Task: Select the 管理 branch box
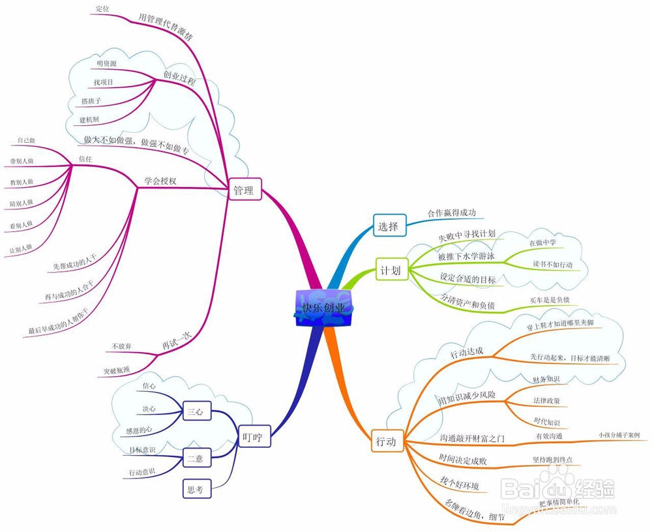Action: click(x=245, y=190)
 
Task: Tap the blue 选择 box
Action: click(x=389, y=226)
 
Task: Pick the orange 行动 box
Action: click(x=386, y=441)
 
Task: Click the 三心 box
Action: click(x=196, y=411)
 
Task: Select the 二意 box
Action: click(x=196, y=458)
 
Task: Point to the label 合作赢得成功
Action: click(x=452, y=213)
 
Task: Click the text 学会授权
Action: click(x=160, y=181)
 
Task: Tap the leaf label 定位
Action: click(x=102, y=8)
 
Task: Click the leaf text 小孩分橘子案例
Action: click(x=619, y=435)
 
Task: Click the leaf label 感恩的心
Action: click(x=140, y=430)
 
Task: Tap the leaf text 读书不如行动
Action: click(x=552, y=264)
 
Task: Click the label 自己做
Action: click(x=26, y=140)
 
